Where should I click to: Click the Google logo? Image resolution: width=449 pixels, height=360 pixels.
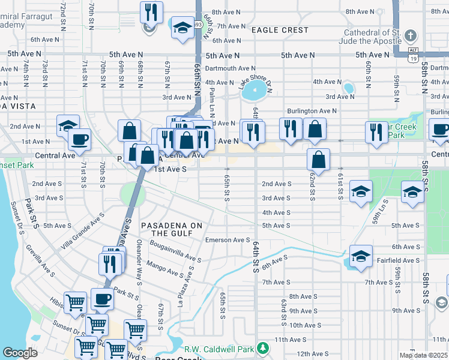point(20,353)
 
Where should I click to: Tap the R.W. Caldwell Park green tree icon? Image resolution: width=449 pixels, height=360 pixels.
point(262,348)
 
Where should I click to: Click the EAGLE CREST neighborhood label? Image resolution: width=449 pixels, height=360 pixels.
point(280,30)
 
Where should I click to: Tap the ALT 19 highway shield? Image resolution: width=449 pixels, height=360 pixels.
point(412,54)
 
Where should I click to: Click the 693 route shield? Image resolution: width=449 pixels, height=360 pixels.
point(197,25)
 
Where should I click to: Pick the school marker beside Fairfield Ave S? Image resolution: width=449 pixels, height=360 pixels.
point(360,256)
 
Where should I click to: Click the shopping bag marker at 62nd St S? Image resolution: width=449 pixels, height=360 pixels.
point(319,160)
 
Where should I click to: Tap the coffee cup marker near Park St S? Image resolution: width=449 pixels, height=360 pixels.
point(101,299)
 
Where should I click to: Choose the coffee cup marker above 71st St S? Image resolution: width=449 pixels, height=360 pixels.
point(79,140)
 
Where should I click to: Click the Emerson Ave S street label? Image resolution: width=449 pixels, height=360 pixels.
point(228,240)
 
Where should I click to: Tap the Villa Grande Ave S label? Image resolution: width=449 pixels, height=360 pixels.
point(83,238)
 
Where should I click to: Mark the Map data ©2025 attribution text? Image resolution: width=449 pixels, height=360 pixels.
point(423,355)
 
